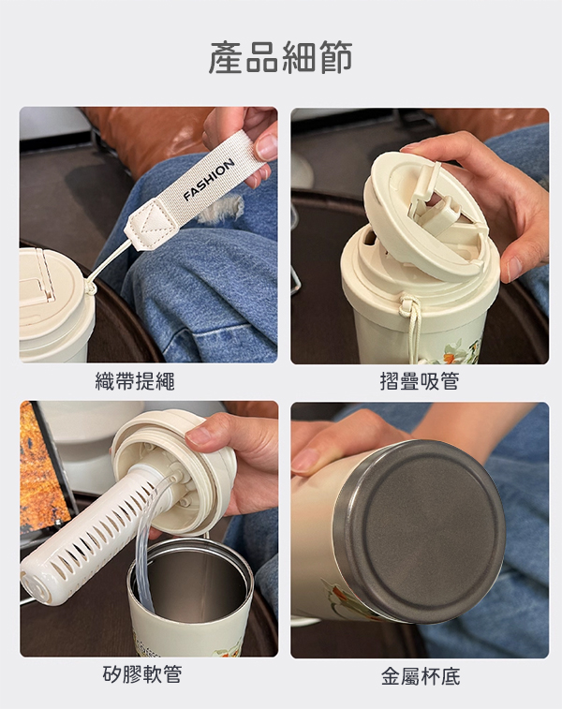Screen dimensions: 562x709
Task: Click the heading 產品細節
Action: [280, 57]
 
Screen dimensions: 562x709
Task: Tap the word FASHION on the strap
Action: [209, 179]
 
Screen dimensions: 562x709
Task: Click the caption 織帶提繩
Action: [135, 381]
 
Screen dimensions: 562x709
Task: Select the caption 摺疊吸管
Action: [420, 381]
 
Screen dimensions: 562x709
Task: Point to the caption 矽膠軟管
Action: [142, 674]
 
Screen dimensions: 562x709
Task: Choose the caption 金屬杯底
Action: [421, 677]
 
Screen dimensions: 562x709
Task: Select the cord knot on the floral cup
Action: [407, 303]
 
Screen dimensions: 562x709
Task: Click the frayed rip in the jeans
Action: [222, 210]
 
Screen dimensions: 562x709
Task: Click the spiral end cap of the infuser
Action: [37, 585]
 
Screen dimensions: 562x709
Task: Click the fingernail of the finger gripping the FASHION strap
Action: [267, 147]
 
